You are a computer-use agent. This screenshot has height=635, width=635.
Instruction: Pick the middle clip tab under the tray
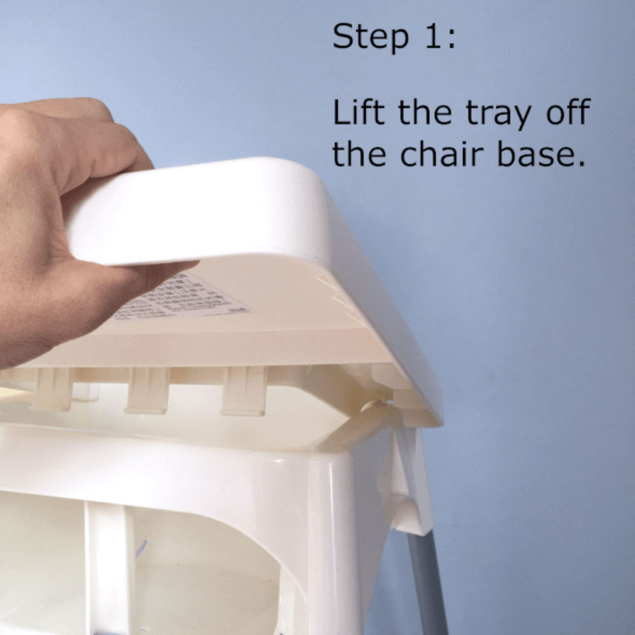(147, 391)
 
